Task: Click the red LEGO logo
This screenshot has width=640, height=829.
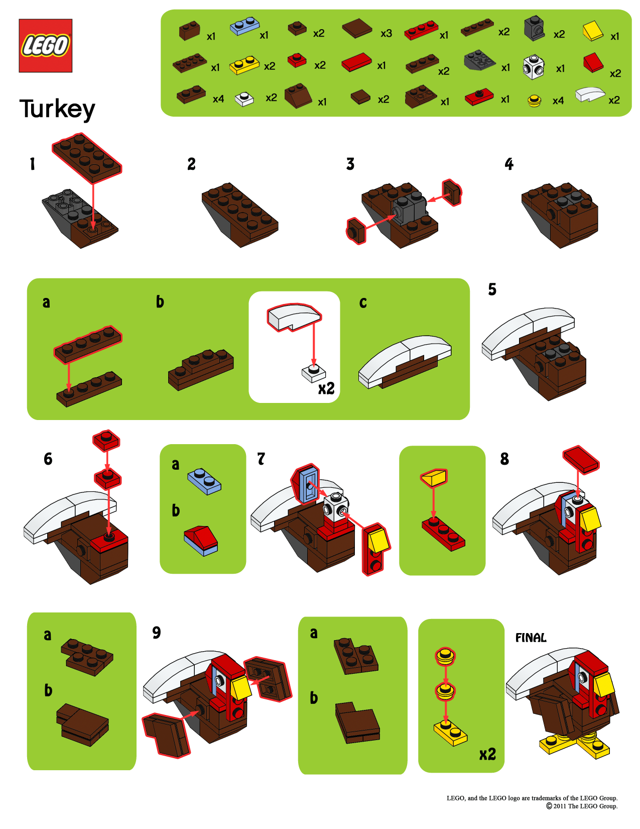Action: point(45,46)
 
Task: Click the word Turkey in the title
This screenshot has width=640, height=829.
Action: point(57,109)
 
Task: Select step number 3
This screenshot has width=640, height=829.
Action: point(350,164)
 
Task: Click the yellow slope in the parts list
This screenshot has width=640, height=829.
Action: point(593,31)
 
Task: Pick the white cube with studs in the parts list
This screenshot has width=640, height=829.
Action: point(533,67)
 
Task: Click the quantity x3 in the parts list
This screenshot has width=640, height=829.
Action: point(386,34)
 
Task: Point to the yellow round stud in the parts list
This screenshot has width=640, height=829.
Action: point(535,101)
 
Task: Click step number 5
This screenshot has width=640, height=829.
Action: point(492,289)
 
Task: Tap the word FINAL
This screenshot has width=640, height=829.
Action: point(531,638)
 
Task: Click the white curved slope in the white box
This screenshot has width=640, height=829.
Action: point(294,317)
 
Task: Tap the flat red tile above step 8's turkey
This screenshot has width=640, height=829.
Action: point(581,459)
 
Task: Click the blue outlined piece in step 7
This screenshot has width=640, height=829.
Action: point(306,484)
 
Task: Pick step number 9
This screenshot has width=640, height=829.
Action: point(157,633)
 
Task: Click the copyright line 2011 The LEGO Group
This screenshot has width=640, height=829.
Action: point(582,806)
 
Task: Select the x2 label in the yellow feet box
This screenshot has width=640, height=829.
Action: point(487,754)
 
